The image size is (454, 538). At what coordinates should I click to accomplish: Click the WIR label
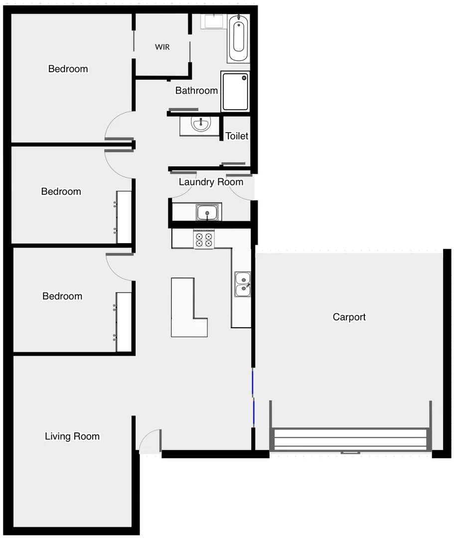162,47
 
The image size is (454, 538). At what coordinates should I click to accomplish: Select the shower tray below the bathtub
235,92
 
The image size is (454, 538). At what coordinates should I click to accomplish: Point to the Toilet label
237,136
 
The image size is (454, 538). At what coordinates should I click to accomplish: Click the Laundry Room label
211,182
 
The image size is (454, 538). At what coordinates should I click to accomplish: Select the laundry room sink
207,213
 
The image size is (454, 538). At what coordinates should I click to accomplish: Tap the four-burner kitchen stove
204,240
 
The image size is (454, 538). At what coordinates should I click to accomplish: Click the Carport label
349,317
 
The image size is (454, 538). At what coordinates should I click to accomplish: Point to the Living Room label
72,436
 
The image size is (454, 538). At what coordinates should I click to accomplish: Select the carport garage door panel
350,439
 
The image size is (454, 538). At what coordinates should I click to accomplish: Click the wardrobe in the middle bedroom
124,217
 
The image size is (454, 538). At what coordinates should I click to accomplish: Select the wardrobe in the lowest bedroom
124,322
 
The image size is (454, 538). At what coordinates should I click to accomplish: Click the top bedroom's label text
68,69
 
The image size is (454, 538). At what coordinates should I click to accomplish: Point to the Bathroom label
196,90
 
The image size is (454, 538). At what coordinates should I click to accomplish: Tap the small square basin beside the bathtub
214,22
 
